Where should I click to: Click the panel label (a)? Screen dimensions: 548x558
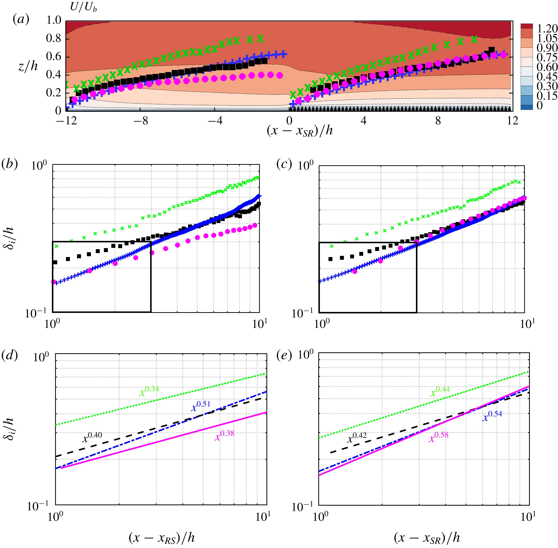(21, 20)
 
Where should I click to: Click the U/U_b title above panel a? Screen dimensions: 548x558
(83, 7)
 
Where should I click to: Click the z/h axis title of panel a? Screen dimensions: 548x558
(28, 66)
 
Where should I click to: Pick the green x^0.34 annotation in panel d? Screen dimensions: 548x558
(149, 391)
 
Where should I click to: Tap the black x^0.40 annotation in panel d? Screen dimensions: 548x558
(92, 437)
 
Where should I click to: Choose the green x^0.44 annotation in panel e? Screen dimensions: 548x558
(440, 391)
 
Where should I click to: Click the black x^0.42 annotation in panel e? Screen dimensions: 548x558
(357, 437)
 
